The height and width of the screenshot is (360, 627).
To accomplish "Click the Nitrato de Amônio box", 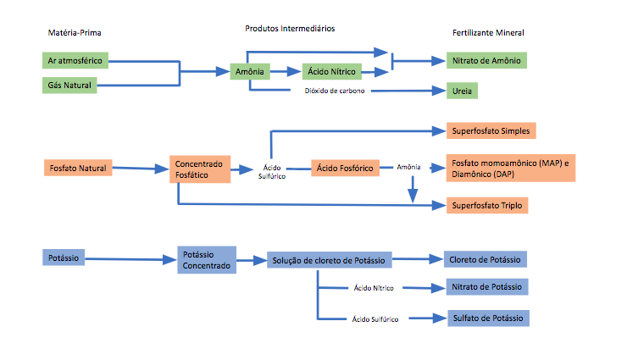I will pyautogui.click(x=486, y=61).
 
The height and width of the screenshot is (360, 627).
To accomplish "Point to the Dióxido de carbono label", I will pyautogui.click(x=335, y=91).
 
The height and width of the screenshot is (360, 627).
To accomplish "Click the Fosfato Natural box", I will pyautogui.click(x=77, y=168).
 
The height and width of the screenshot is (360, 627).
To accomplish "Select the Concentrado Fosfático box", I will pyautogui.click(x=199, y=168).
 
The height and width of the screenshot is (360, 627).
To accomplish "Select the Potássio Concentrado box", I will pyautogui.click(x=207, y=260).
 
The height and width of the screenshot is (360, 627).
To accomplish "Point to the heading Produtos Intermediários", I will pyautogui.click(x=291, y=28).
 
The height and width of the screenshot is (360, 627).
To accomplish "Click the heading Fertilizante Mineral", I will pyautogui.click(x=488, y=33).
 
